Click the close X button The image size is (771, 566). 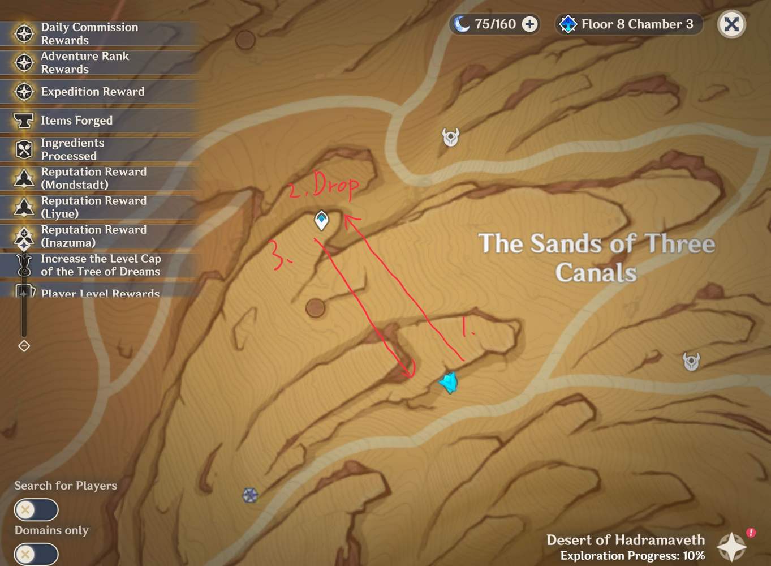click(x=731, y=24)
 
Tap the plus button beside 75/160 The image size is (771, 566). click(x=529, y=24)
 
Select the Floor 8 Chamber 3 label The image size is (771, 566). click(x=636, y=24)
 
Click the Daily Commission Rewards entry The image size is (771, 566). click(x=89, y=33)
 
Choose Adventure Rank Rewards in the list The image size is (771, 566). click(x=84, y=62)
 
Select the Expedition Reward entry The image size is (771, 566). click(x=92, y=92)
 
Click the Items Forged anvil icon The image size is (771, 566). click(x=24, y=121)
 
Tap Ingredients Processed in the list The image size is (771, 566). click(x=72, y=149)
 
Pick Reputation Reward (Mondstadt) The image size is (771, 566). click(x=93, y=178)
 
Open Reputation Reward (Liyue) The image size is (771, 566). click(x=93, y=207)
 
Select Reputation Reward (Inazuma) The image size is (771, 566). click(x=93, y=236)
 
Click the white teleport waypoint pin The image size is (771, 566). click(x=321, y=220)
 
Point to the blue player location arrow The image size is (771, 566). click(x=449, y=383)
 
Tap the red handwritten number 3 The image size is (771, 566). click(x=279, y=255)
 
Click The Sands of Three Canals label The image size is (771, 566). click(x=596, y=258)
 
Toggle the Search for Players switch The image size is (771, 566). click(x=36, y=509)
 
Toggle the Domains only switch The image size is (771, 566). click(x=36, y=554)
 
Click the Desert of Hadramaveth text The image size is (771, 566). click(x=625, y=540)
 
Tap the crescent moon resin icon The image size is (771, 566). click(x=462, y=24)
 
